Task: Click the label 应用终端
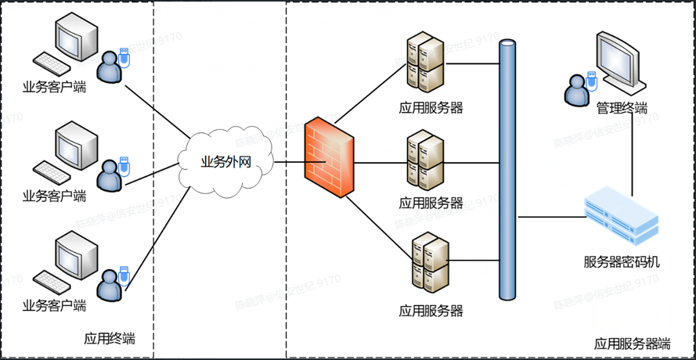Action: (110, 339)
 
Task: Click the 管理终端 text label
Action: (622, 107)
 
